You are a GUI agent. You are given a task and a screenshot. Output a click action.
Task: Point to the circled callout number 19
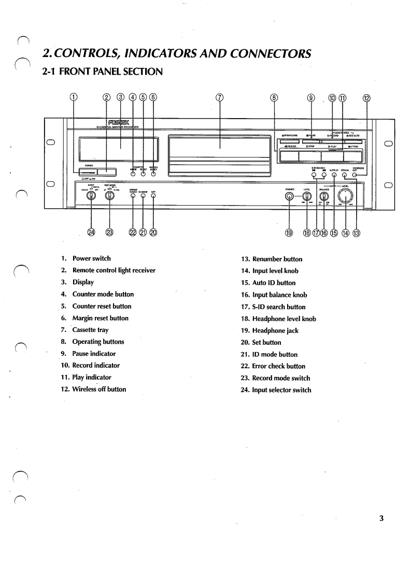[289, 232]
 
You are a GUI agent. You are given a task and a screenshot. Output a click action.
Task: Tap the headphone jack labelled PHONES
[289, 196]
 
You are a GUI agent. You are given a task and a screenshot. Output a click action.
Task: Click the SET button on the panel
[153, 196]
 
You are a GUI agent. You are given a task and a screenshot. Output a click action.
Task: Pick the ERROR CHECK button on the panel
[133, 196]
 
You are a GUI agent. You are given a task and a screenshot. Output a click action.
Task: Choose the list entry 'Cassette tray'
[90, 330]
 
